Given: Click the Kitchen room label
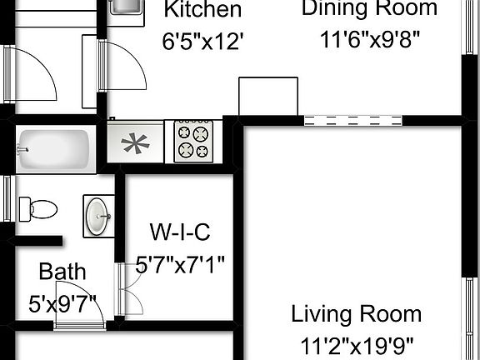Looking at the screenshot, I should (x=202, y=10).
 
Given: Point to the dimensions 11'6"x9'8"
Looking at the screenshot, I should (x=368, y=38).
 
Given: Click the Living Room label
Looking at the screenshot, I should (x=356, y=314).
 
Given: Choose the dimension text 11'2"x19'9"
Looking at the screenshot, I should (x=356, y=344).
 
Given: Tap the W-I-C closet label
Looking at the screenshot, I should (x=180, y=231).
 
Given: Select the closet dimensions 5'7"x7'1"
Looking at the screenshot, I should (x=181, y=265).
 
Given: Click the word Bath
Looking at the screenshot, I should (x=62, y=271).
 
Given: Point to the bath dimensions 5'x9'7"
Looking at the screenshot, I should (x=62, y=303).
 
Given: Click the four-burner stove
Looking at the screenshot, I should (x=193, y=140).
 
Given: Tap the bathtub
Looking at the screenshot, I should (x=53, y=149).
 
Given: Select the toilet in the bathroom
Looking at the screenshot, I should (x=37, y=208).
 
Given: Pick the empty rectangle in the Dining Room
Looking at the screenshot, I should (x=268, y=95).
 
